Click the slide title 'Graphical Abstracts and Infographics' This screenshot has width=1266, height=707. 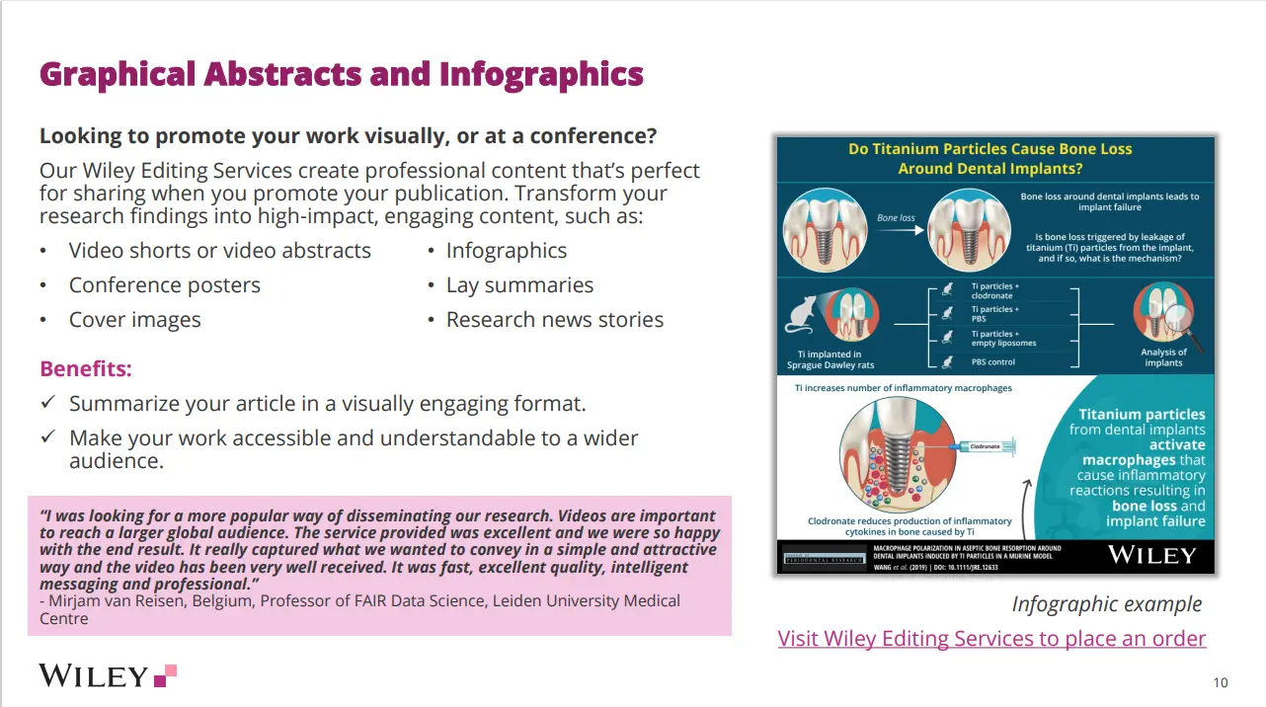click(341, 74)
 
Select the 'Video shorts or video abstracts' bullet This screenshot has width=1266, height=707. click(219, 251)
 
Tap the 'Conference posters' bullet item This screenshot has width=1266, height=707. click(164, 285)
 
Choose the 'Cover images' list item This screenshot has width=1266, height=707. click(134, 320)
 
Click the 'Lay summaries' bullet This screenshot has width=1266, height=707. click(519, 285)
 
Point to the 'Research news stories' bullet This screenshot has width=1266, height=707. click(554, 320)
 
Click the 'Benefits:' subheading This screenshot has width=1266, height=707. click(86, 369)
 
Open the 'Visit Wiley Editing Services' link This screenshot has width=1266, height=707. click(991, 638)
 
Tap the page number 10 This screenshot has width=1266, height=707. click(1221, 682)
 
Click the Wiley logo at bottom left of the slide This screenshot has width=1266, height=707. click(107, 675)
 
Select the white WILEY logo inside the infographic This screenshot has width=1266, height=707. click(1151, 555)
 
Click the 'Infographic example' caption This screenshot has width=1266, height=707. click(1106, 603)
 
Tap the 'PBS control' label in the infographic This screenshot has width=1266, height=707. click(992, 362)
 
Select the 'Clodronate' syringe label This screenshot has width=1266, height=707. click(985, 446)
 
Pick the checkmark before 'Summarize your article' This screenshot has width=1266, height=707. click(47, 404)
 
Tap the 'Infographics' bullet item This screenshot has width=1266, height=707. click(506, 251)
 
